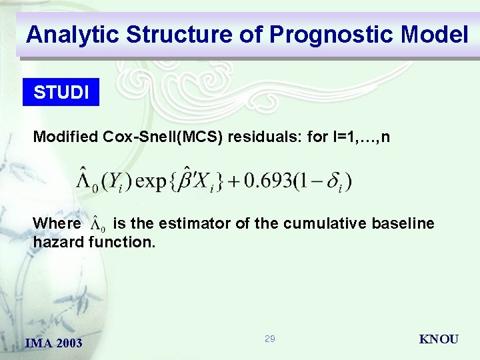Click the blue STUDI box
(61, 93)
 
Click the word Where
(57, 223)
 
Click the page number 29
(269, 339)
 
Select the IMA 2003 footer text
(53, 343)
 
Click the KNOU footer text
(438, 339)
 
